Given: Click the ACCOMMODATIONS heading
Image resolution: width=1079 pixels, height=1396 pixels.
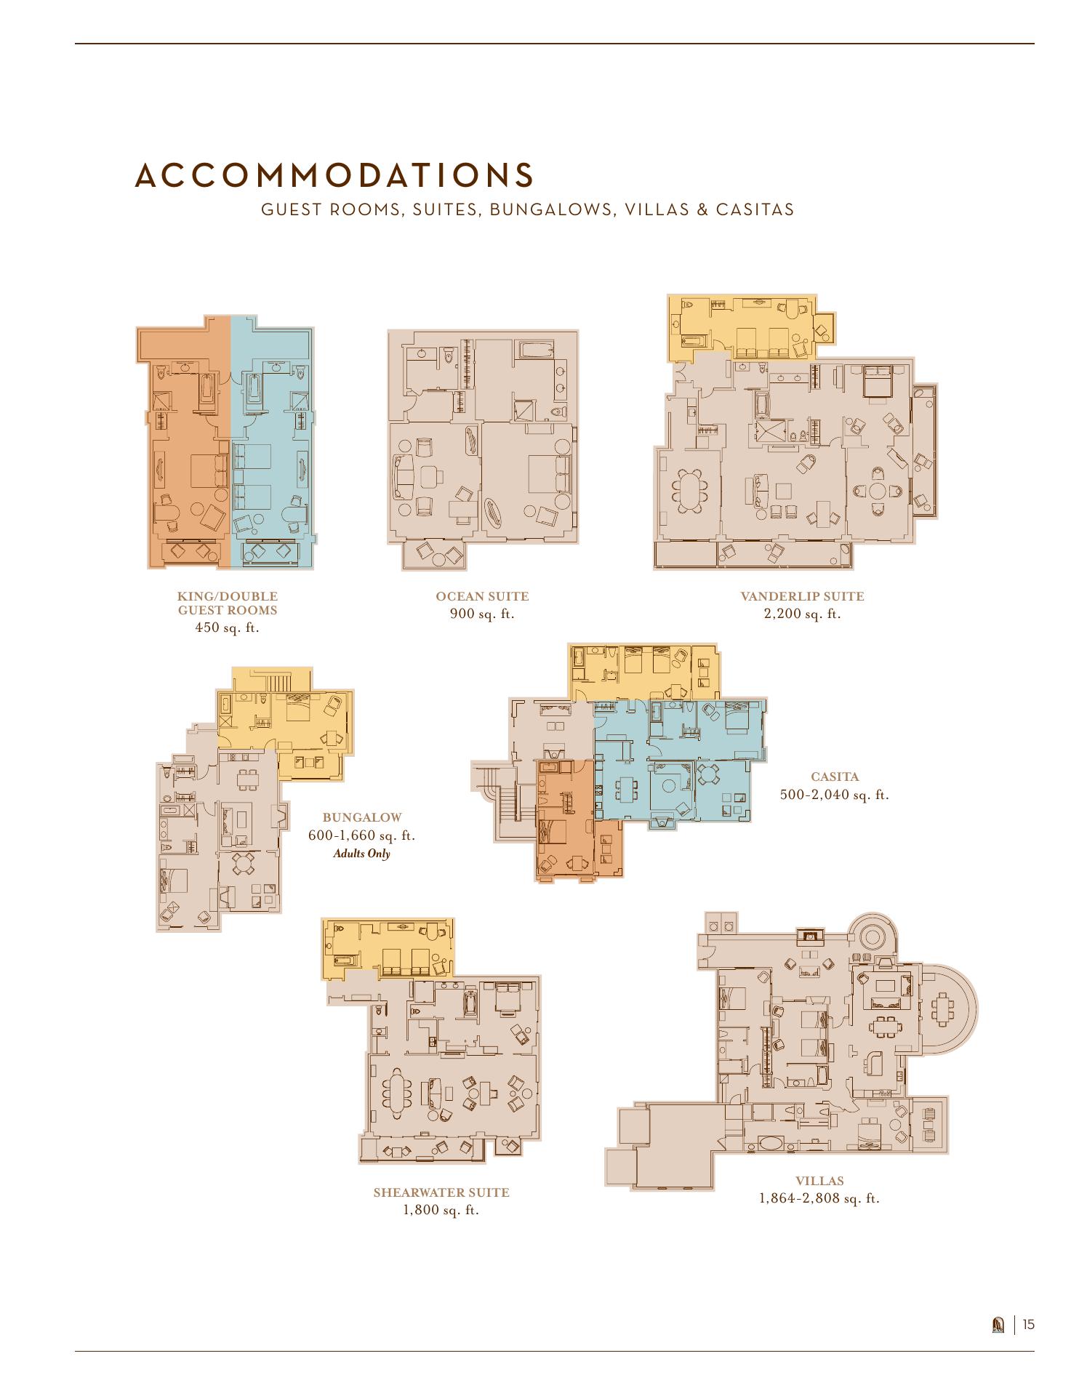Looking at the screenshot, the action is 335,175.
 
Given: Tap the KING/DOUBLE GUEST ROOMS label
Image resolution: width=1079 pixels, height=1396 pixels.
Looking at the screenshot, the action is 228,603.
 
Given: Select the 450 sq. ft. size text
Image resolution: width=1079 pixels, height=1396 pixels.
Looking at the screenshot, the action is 228,627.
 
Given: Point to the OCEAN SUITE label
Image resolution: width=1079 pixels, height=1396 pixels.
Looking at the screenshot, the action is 482,596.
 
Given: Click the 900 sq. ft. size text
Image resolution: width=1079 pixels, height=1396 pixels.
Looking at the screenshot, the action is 482,614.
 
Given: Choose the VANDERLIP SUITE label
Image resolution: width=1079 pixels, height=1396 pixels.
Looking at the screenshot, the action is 802,596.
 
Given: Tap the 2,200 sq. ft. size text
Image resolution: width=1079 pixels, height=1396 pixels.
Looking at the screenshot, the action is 802,614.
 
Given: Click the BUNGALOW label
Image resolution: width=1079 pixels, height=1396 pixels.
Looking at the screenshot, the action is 361,818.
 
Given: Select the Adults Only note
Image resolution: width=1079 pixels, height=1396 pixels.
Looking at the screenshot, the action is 361,853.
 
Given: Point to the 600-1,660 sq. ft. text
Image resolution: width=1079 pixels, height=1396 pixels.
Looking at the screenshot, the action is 361,835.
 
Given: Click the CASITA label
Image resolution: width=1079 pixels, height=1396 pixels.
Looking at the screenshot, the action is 835,777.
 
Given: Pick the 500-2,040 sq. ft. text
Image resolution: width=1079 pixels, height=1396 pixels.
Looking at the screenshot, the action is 835,795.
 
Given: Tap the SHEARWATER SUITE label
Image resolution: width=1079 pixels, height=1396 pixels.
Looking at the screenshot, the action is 441,1192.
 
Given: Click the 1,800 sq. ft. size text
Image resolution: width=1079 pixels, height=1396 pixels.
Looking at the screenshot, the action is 441,1211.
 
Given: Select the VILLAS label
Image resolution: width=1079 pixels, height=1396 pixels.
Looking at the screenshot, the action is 819,1181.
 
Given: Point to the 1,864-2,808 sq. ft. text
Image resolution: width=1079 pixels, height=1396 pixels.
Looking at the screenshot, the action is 819,1198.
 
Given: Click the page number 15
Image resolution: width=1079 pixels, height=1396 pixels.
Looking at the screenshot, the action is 1028,1324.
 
